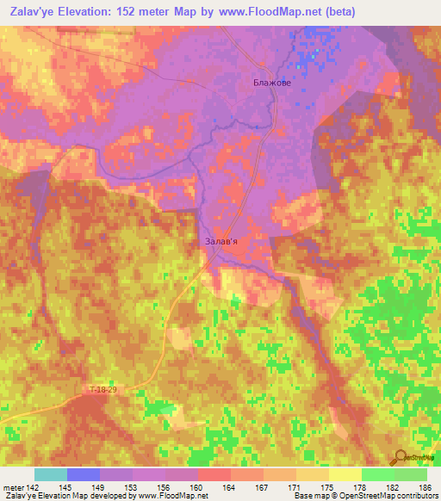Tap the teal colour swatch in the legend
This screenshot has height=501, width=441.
[x=51, y=474]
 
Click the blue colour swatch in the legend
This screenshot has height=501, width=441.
[x=84, y=474]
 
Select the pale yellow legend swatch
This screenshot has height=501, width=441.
[x=345, y=474]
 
